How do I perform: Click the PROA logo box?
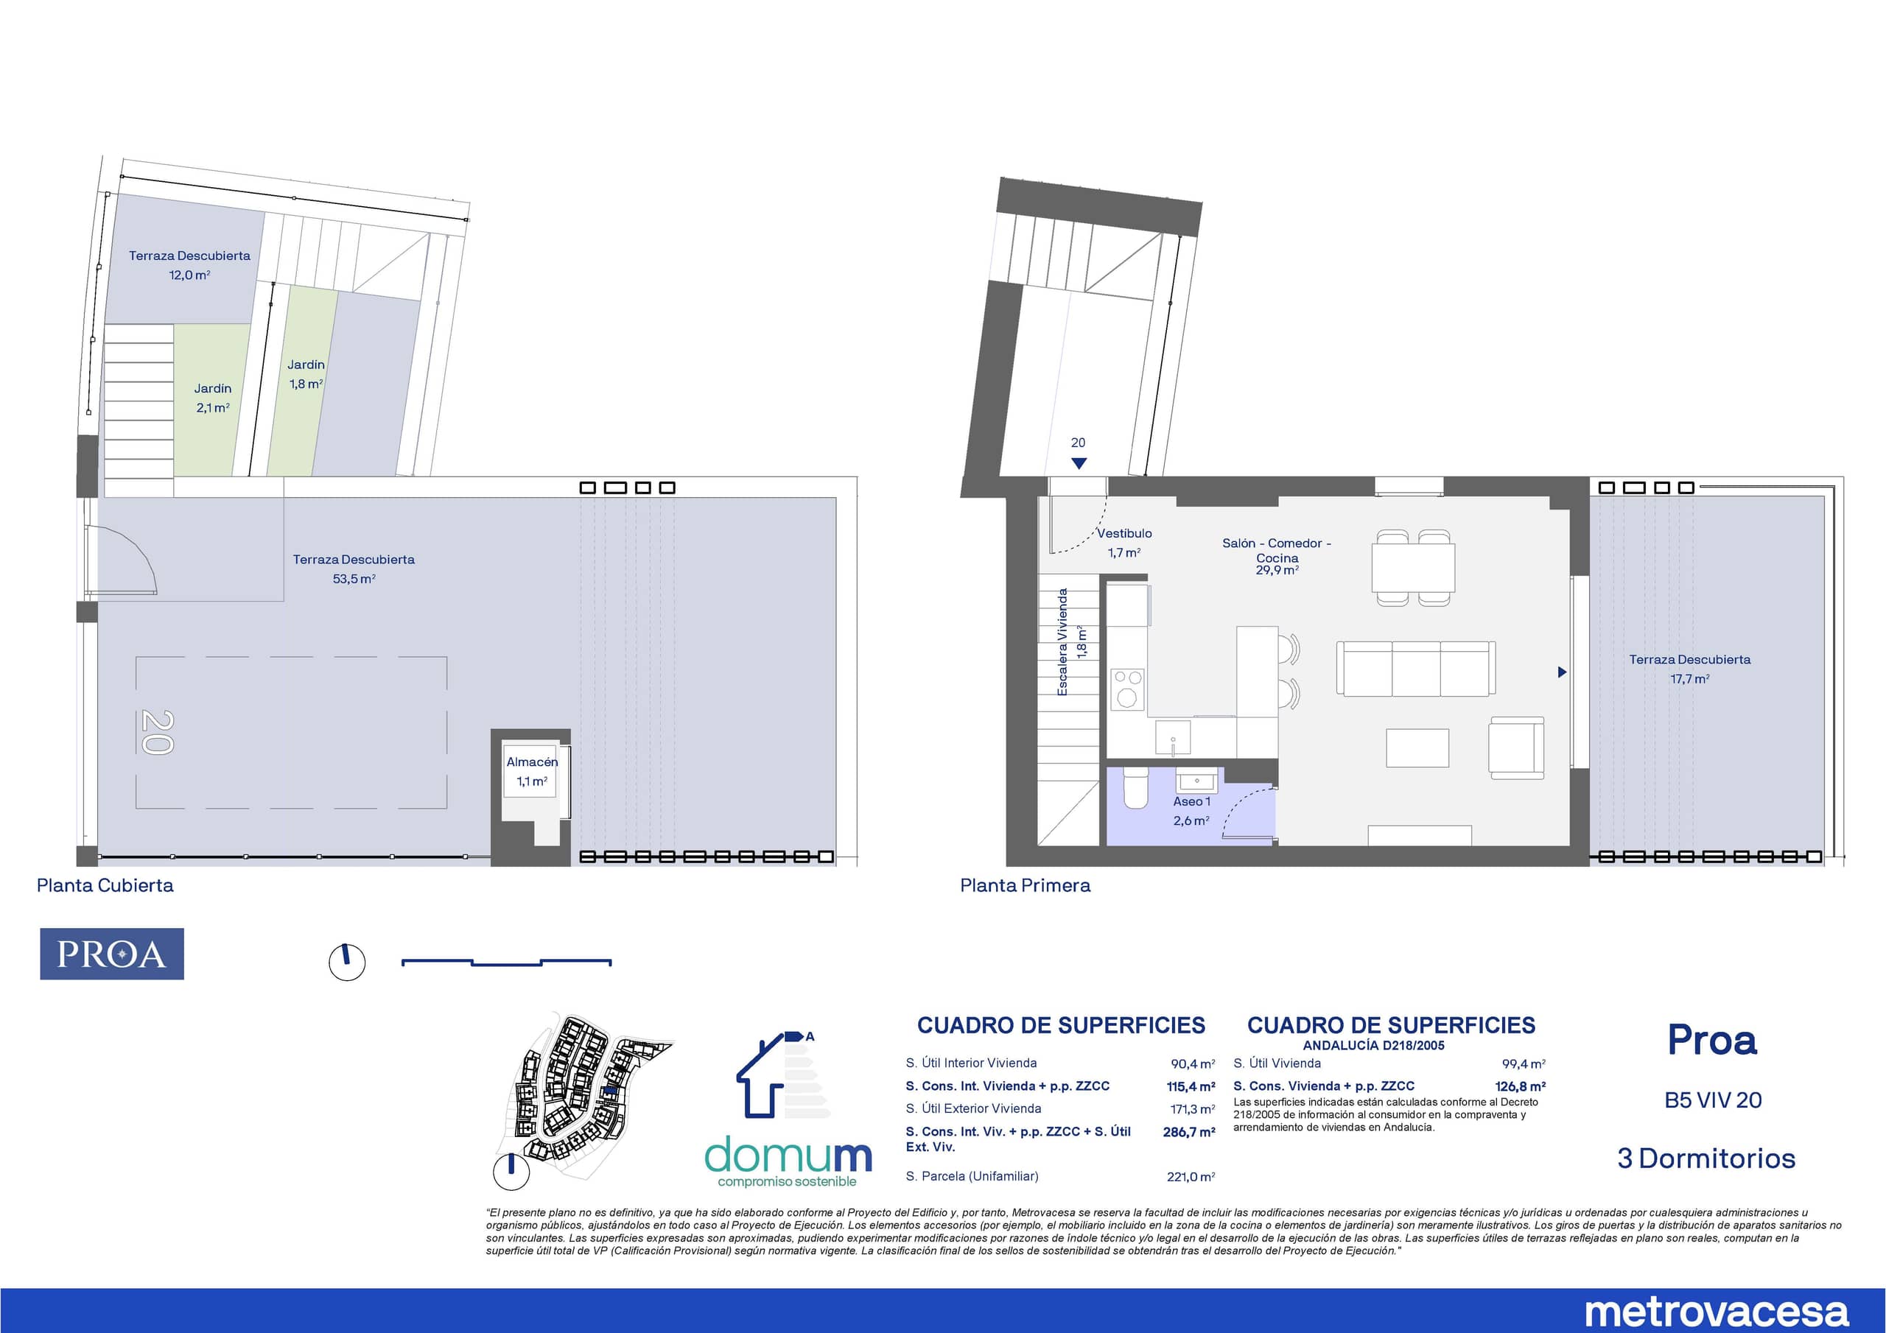[x=112, y=954]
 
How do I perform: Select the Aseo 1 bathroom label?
[x=1191, y=811]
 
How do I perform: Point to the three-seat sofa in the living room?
[x=1416, y=669]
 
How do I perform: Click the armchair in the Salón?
[x=1516, y=748]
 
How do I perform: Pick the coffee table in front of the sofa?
[x=1417, y=748]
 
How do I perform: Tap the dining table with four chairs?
[x=1413, y=568]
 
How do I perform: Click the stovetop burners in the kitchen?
[x=1127, y=689]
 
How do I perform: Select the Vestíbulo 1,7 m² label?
[x=1124, y=543]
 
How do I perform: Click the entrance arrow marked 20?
[x=1079, y=463]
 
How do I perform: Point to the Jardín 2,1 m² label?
[x=213, y=398]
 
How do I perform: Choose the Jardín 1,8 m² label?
[x=306, y=373]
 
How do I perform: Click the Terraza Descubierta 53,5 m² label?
[x=354, y=569]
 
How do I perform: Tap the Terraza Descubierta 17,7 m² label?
[x=1690, y=669]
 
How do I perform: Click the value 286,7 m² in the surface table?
[x=1188, y=1132]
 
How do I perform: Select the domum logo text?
[x=788, y=1156]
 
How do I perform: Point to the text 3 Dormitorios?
[x=1706, y=1158]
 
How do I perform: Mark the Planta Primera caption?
[x=1025, y=885]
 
